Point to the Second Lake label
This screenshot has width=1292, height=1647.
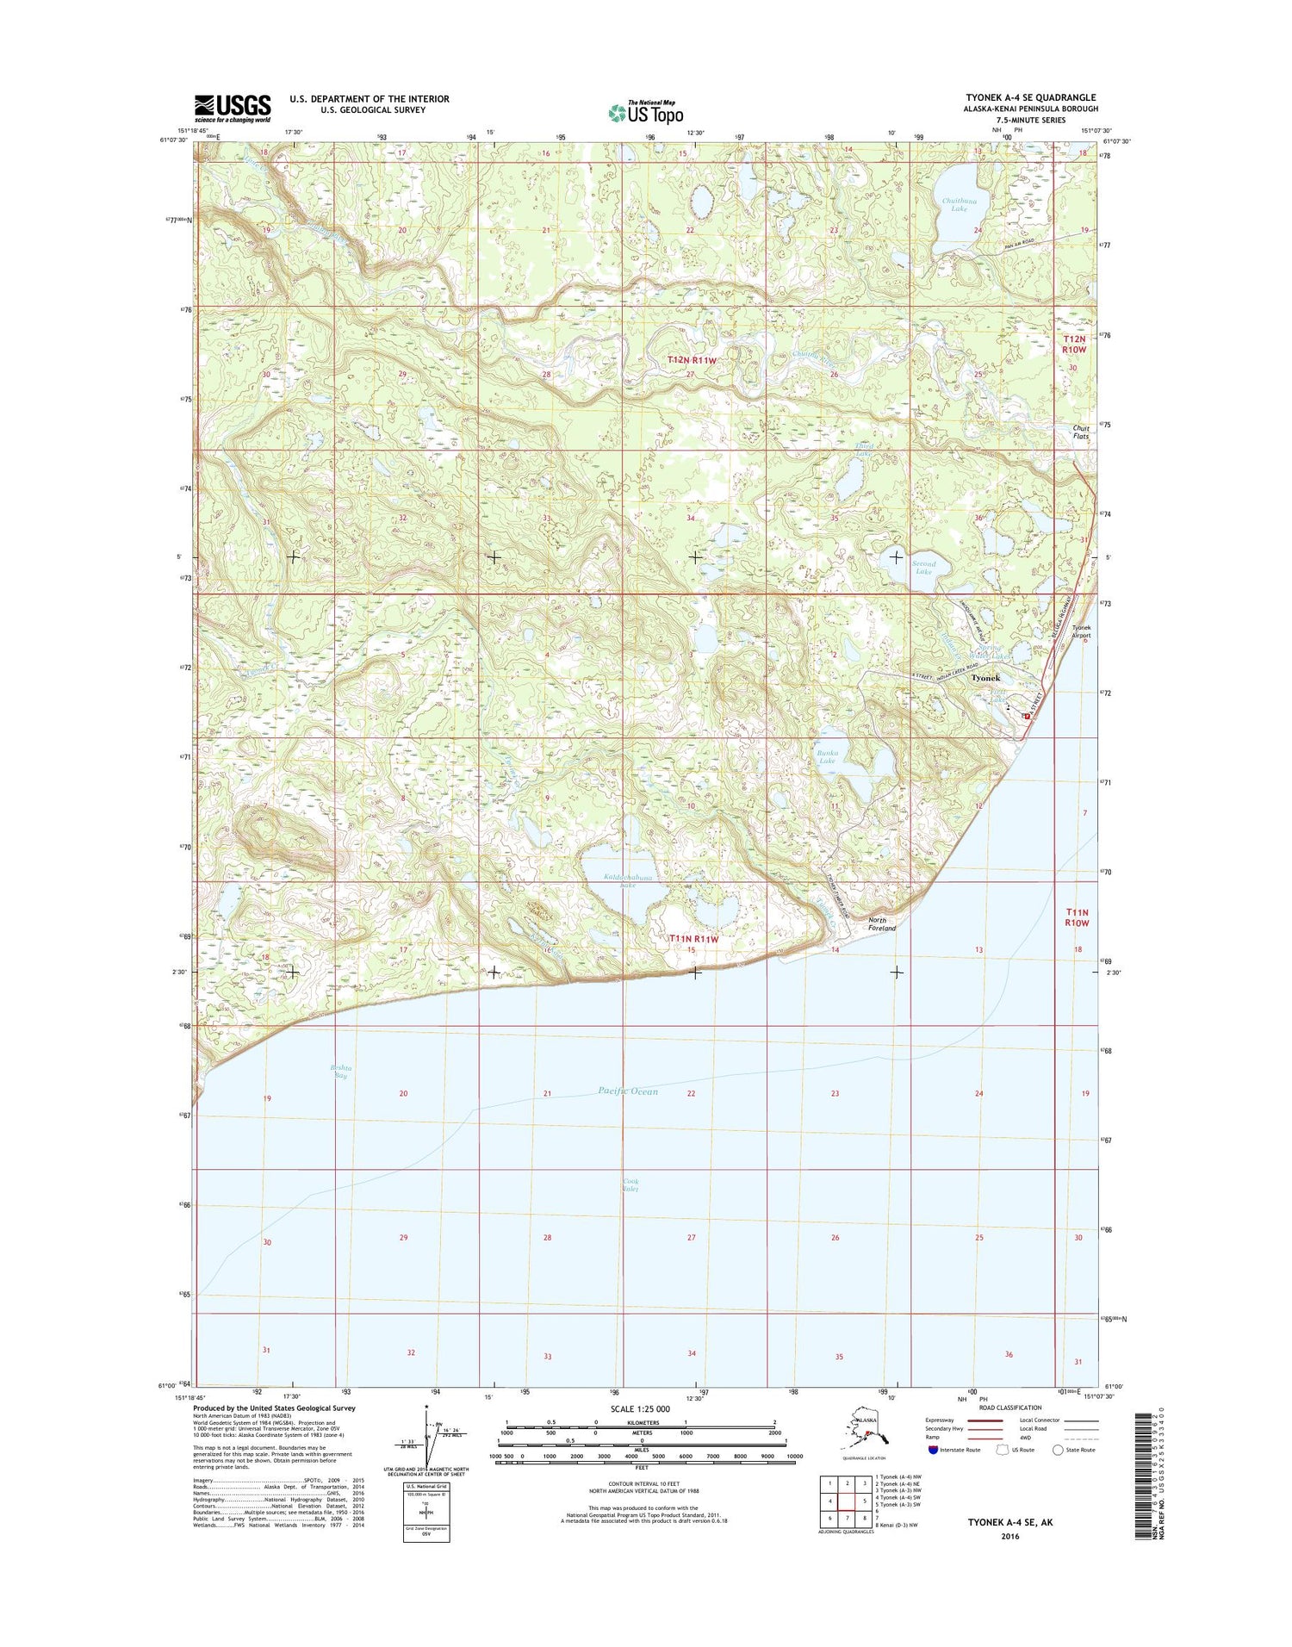click(923, 568)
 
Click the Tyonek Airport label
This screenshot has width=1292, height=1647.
click(1080, 631)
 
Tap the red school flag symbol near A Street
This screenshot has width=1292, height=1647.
click(1025, 715)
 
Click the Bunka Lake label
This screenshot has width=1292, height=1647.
click(826, 756)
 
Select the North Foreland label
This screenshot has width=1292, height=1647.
click(881, 924)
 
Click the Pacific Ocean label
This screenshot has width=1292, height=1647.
click(628, 1091)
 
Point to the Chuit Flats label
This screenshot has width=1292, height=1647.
click(1080, 432)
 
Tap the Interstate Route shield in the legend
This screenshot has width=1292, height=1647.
click(935, 1450)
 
